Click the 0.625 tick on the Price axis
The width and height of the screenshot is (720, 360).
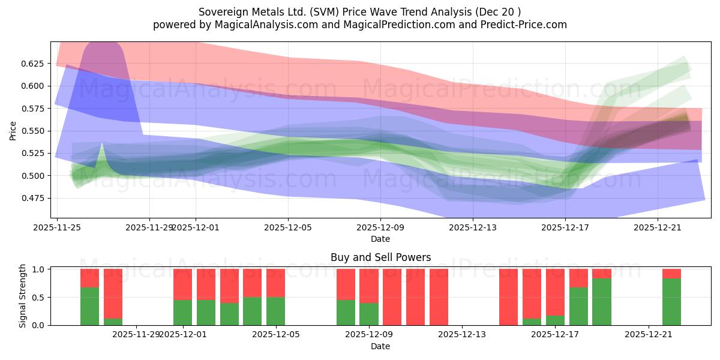(x=34, y=63)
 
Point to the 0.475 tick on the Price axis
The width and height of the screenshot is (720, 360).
(x=34, y=198)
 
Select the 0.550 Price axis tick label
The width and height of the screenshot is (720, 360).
(x=34, y=131)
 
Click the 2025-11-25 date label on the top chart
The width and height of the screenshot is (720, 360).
(x=57, y=227)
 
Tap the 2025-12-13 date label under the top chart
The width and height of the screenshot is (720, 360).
(x=473, y=227)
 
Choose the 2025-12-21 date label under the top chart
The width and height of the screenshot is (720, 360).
(x=658, y=227)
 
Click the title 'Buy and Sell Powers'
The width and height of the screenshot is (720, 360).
(x=380, y=257)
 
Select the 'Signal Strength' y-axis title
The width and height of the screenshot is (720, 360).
(x=23, y=296)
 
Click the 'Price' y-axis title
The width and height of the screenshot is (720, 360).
(x=13, y=130)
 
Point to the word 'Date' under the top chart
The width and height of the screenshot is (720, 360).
(x=380, y=239)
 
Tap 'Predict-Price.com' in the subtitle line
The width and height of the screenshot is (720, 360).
(x=521, y=25)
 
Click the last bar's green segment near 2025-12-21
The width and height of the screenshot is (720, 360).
(x=671, y=302)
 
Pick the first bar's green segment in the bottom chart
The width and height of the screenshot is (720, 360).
(x=89, y=306)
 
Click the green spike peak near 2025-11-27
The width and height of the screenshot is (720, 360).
(x=102, y=144)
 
